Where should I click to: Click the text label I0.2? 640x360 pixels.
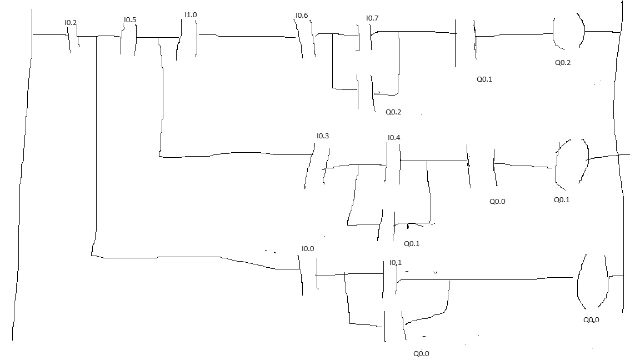point(71,22)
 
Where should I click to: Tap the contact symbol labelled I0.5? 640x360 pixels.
point(128,39)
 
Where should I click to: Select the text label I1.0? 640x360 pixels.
point(191,14)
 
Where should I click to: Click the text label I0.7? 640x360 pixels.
point(372,18)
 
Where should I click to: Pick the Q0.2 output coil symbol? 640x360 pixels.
point(568,31)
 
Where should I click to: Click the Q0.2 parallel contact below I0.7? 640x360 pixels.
point(366,93)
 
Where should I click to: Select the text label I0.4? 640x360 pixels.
point(394,138)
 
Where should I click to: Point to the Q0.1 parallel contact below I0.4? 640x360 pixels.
point(387,226)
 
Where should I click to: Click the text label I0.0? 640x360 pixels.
point(308,248)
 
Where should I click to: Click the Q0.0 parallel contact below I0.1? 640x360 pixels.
point(394,326)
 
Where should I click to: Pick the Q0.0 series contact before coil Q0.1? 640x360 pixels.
point(482,167)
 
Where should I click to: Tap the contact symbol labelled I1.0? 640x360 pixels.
point(187,39)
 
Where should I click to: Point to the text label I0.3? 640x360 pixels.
point(323,136)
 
